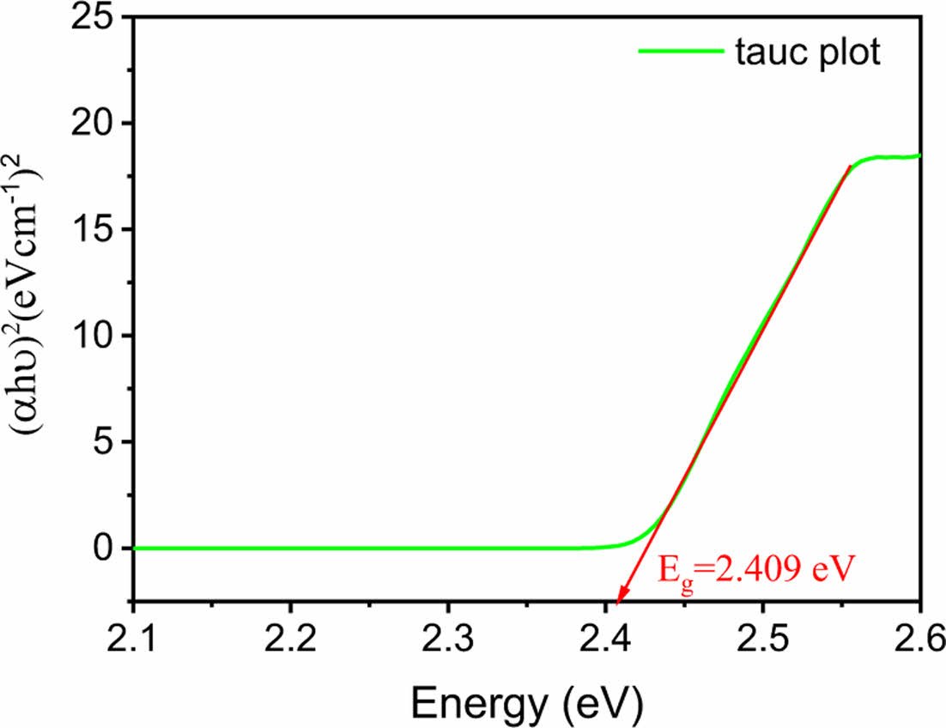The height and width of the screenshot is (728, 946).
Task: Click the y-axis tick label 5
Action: coord(103,443)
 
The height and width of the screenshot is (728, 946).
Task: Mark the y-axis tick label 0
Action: coord(103,549)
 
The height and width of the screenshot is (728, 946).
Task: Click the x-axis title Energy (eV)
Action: coord(526,703)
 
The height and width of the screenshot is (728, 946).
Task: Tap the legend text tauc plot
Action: coord(808,52)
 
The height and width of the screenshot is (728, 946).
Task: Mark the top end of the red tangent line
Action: coord(850,167)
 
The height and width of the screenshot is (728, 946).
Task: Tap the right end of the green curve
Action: coord(919,155)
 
